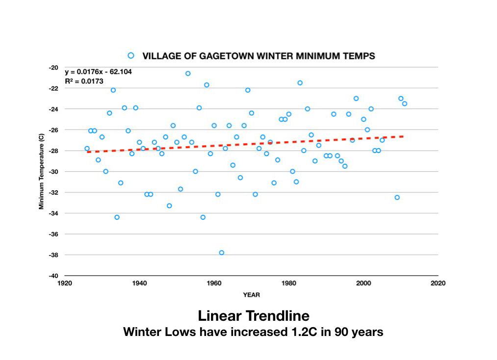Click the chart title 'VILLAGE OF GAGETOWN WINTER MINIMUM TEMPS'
tap(259, 56)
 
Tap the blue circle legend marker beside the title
tap(131, 55)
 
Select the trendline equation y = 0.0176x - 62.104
tap(98, 72)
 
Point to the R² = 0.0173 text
tap(84, 81)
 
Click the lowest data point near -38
tap(221, 253)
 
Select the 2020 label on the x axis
tap(438, 283)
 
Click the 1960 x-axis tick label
tap(214, 283)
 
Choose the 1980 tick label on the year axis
tap(288, 283)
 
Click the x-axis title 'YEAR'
tap(251, 295)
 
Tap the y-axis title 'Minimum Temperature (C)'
tap(42, 172)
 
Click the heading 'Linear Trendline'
tap(254, 315)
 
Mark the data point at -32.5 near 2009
tap(397, 197)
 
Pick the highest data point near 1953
tap(188, 73)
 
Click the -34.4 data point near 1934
tap(117, 217)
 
